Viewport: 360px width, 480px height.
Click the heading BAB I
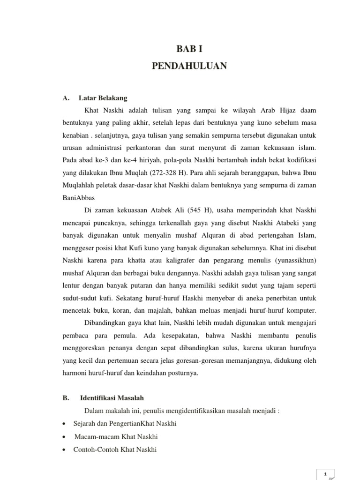(189, 48)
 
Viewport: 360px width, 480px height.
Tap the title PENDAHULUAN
(189, 66)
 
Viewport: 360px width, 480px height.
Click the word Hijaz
(283, 110)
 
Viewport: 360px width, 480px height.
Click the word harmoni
(75, 373)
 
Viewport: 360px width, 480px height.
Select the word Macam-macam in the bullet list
(91, 436)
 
